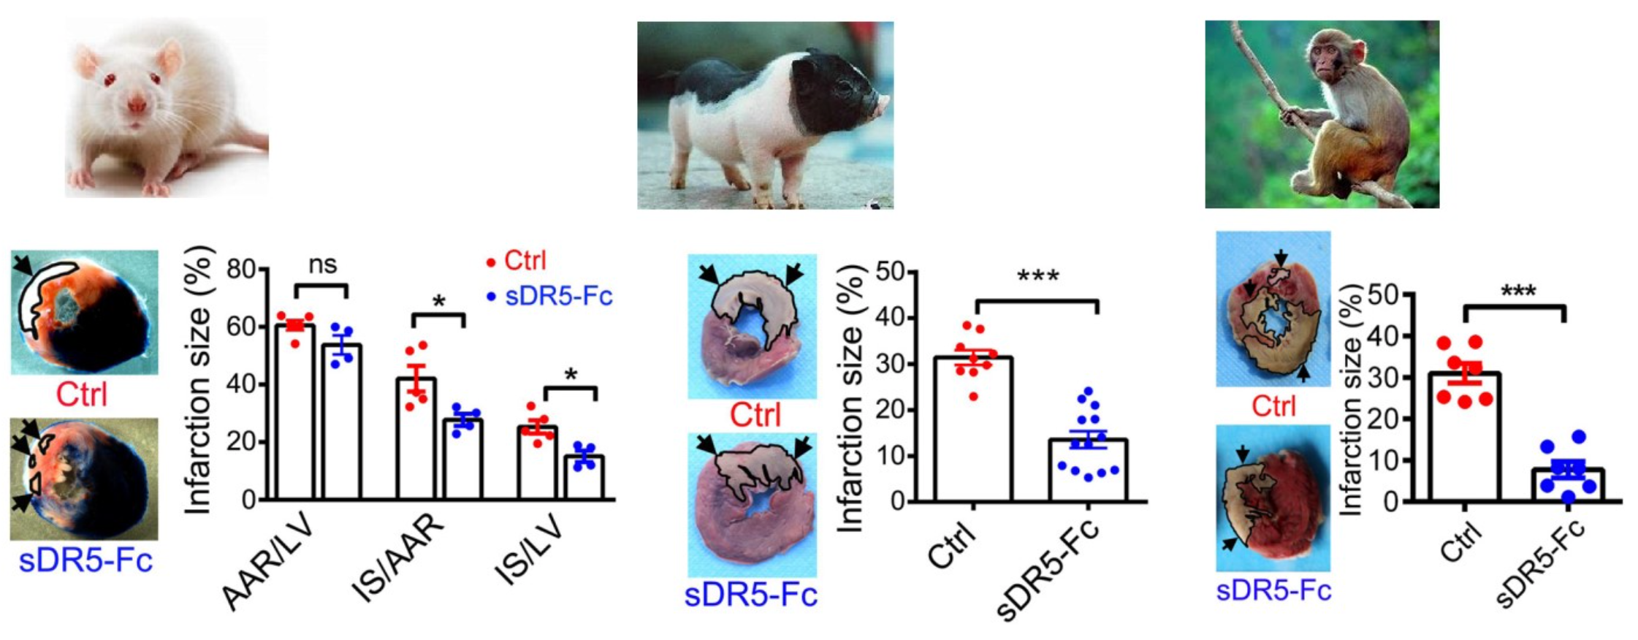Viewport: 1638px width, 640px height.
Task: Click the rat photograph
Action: pos(167,108)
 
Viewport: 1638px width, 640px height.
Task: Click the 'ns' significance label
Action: pos(322,264)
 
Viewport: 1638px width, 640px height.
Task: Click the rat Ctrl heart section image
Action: pos(84,312)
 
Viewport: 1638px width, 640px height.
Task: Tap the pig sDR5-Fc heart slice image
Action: pos(752,505)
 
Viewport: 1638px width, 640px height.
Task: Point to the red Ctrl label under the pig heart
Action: pos(755,415)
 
